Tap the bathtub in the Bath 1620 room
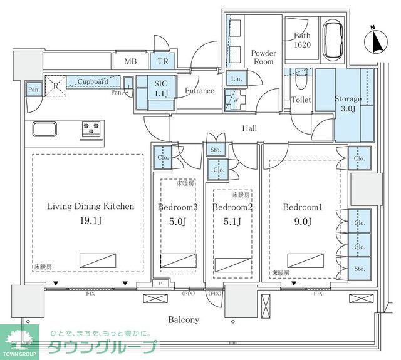click(333, 39)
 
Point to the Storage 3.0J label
click(348, 104)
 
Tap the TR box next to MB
click(162, 61)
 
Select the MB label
click(131, 61)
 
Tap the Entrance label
click(199, 91)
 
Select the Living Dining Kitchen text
click(90, 206)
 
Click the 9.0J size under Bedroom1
click(302, 220)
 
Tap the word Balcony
click(183, 319)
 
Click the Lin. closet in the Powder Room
click(236, 78)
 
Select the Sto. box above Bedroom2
click(216, 150)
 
